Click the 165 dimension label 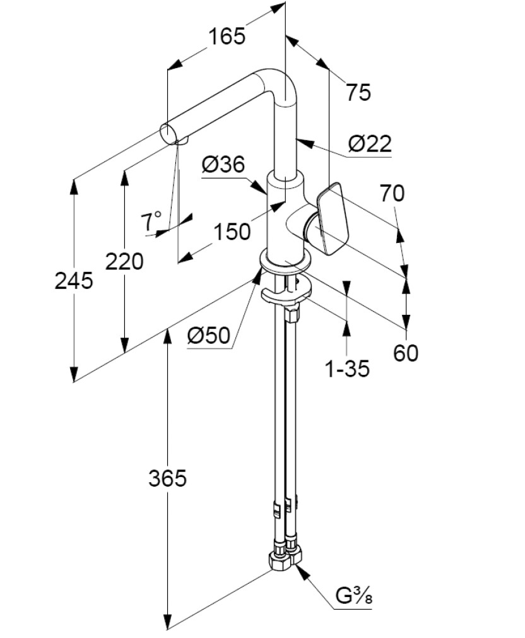pos(227,36)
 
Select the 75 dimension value pos(358,92)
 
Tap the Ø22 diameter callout pos(370,144)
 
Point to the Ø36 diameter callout pos(223,164)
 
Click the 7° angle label pos(151,222)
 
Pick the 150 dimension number pos(232,232)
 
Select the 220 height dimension pos(124,261)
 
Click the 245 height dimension pos(74,281)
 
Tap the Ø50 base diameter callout pos(209,335)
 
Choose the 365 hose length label pos(167,478)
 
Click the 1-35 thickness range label pos(347,369)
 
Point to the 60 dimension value pos(406,353)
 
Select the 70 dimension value pos(392,193)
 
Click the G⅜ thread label pos(353,596)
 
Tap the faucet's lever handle pos(332,219)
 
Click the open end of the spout pos(168,133)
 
